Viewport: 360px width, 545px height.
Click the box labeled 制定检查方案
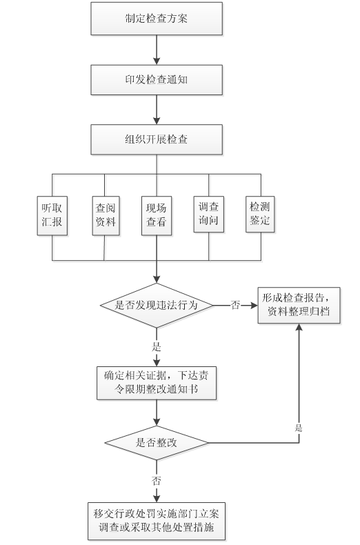pos(157,19)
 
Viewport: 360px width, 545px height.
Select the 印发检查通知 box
pos(157,79)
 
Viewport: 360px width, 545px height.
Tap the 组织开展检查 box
pos(157,139)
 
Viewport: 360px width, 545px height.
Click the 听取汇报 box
pos(52,215)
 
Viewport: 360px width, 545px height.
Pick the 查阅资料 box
pos(106,215)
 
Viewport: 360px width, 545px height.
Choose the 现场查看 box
pos(157,215)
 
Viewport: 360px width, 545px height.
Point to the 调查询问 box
pos(208,214)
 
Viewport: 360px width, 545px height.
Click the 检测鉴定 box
pos(260,214)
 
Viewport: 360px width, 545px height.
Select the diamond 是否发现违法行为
pos(157,306)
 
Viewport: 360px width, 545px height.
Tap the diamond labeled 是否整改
pos(157,443)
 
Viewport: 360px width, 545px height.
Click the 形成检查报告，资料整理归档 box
pos(299,305)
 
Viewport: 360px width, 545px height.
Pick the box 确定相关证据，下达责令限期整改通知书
pos(157,383)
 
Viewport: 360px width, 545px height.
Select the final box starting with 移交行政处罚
pos(157,521)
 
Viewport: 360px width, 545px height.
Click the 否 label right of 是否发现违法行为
pos(235,305)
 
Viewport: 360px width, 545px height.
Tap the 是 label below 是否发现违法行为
pos(157,346)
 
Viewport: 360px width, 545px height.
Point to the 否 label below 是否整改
pos(157,481)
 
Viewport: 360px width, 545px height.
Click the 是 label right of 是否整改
pos(299,428)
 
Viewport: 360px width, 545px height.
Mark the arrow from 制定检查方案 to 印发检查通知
pos(157,50)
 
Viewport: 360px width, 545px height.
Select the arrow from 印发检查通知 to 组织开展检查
pos(157,110)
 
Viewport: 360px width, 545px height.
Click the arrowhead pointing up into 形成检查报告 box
pos(299,327)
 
